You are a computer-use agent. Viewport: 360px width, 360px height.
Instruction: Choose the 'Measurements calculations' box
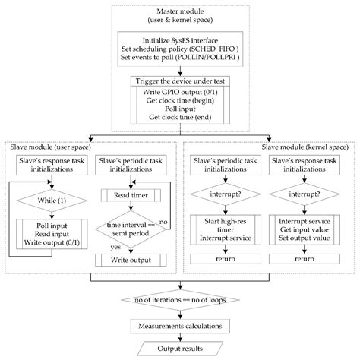pos(180,326)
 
